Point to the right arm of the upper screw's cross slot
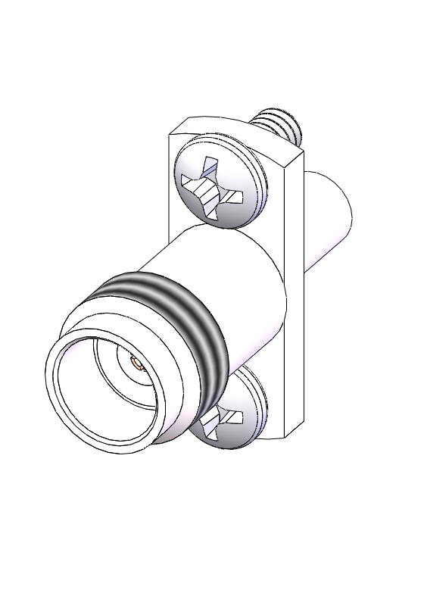point(235,198)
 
